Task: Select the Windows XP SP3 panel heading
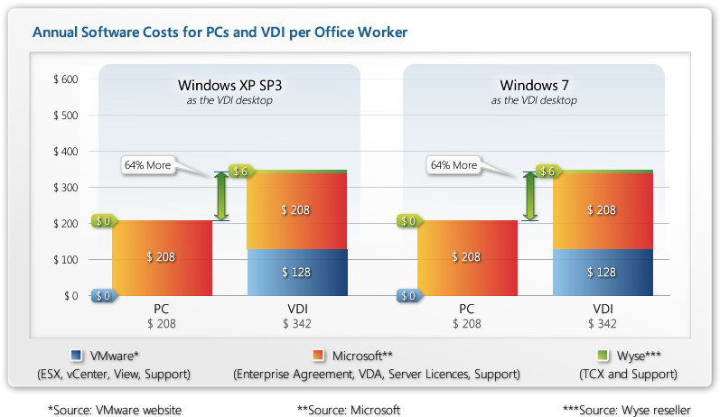223,87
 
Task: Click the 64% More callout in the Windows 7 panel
454,165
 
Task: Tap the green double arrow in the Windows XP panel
220,196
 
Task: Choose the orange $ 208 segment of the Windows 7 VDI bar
602,209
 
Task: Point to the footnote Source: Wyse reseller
627,409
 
